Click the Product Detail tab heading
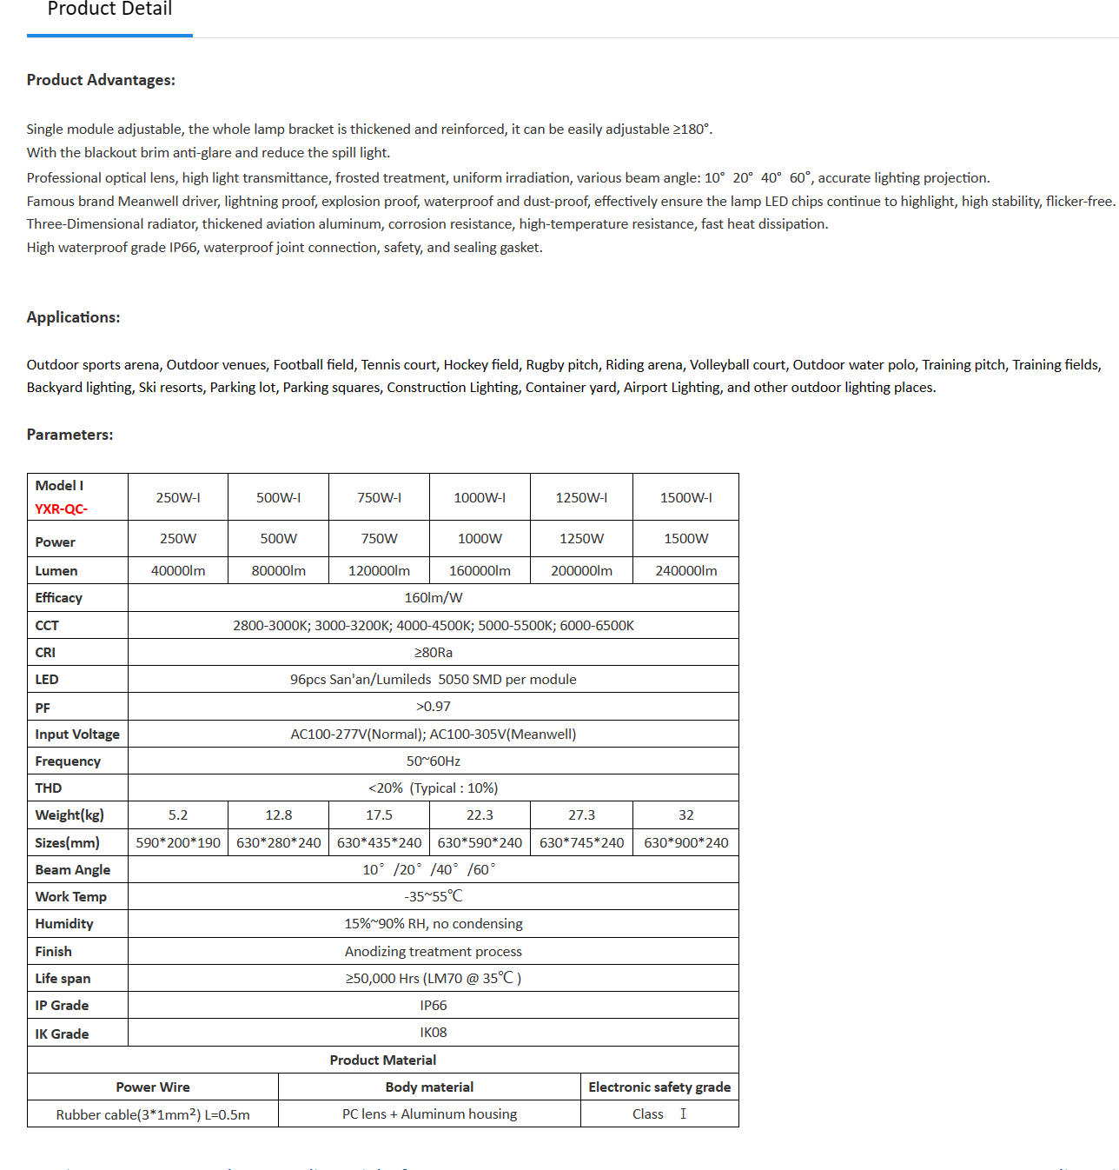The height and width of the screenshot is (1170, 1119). pos(109,10)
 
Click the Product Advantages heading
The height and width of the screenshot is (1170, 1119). pos(101,80)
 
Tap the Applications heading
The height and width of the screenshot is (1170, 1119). pos(73,317)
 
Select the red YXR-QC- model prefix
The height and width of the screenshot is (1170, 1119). pos(61,509)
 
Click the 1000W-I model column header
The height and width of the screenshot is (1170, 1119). pos(480,498)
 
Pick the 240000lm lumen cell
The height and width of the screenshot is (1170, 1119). pos(685,571)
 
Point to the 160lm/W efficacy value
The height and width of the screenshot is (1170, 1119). pos(433,598)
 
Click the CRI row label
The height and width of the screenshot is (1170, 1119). pos(45,653)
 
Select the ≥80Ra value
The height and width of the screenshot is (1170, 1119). pos(433,653)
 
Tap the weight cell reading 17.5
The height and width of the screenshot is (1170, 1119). pos(379,815)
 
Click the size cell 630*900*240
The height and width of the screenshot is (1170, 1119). pos(685,843)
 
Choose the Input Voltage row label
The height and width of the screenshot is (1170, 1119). pos(77,735)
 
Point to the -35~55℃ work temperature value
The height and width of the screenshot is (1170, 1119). pos(433,897)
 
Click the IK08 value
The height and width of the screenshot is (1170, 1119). pos(433,1033)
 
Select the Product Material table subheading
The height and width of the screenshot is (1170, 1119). pos(382,1060)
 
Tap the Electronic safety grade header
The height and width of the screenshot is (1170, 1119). pos(659,1087)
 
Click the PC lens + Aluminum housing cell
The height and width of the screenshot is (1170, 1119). pos(429,1114)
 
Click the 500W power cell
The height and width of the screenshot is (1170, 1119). pos(278,539)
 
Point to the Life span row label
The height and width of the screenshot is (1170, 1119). pos(63,979)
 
